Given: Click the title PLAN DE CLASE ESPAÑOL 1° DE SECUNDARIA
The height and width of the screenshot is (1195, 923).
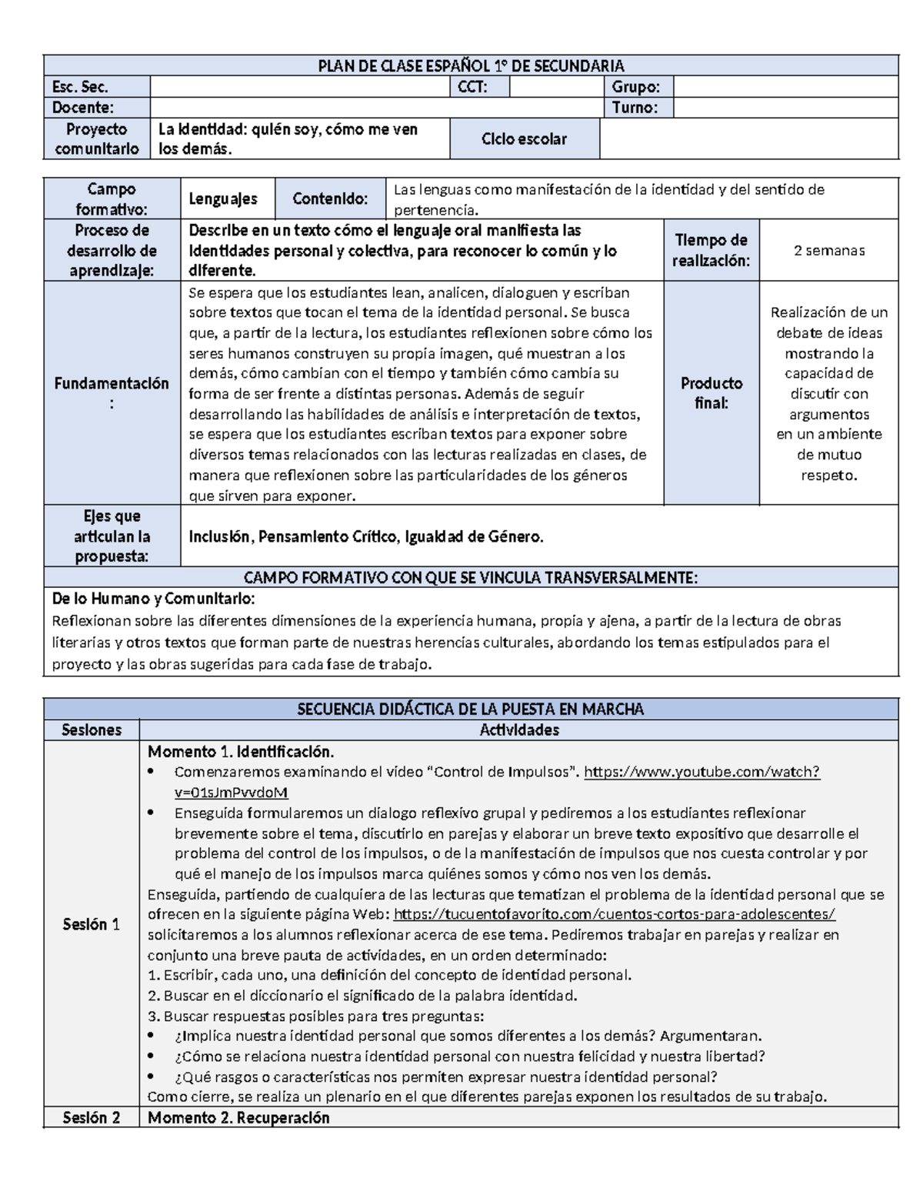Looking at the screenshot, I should [x=471, y=65].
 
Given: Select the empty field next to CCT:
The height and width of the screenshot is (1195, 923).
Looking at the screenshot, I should [x=555, y=87].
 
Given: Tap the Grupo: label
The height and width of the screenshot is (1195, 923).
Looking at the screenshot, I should [x=635, y=87].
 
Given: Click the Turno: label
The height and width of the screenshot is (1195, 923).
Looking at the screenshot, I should [x=635, y=108].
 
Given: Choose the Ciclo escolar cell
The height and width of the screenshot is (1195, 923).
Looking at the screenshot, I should [x=524, y=139].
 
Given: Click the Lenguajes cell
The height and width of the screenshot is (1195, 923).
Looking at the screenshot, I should [x=223, y=199].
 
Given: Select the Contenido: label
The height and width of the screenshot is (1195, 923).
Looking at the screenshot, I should [x=329, y=199].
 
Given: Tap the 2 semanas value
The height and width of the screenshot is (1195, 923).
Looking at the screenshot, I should [x=828, y=251].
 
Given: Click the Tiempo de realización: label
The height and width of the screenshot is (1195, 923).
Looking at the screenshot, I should [x=711, y=251].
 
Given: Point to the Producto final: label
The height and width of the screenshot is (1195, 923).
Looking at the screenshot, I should [x=711, y=392].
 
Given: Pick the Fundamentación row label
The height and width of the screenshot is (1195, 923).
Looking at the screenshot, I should [x=112, y=392].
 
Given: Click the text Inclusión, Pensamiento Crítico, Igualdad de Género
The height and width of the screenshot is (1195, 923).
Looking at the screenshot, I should [x=366, y=537].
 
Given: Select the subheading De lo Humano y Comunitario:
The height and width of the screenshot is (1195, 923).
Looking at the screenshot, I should [x=153, y=599].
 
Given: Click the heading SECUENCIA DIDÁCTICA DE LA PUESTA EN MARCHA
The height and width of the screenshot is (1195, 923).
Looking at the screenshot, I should [x=471, y=709].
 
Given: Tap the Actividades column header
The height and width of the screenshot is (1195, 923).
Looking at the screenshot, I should [x=518, y=729].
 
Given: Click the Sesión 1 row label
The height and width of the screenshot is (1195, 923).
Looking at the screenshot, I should [x=91, y=924].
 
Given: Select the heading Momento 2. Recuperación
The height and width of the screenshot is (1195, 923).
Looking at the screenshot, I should [x=238, y=1117].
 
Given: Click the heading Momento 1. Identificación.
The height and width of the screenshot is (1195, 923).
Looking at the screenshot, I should [x=241, y=751].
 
